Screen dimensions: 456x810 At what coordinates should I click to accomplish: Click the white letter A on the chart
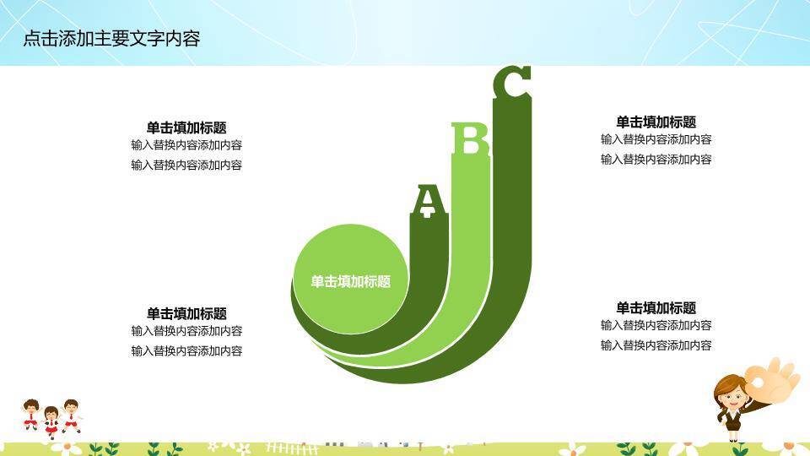point(428,200)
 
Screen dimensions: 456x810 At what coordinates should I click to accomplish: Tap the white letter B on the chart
point(470,140)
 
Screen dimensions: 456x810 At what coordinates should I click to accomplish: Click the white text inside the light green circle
point(350,282)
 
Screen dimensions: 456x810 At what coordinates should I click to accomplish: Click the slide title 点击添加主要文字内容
point(111,38)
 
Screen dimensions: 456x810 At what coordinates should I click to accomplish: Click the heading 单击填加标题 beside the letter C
point(656,122)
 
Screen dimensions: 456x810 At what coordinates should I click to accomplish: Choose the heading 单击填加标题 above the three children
point(186,313)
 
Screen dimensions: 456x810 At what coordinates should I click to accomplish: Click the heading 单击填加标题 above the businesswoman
point(656,308)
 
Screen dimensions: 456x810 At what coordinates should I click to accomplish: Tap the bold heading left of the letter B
point(186,128)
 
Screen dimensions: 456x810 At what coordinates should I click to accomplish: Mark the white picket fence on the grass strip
point(291,444)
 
